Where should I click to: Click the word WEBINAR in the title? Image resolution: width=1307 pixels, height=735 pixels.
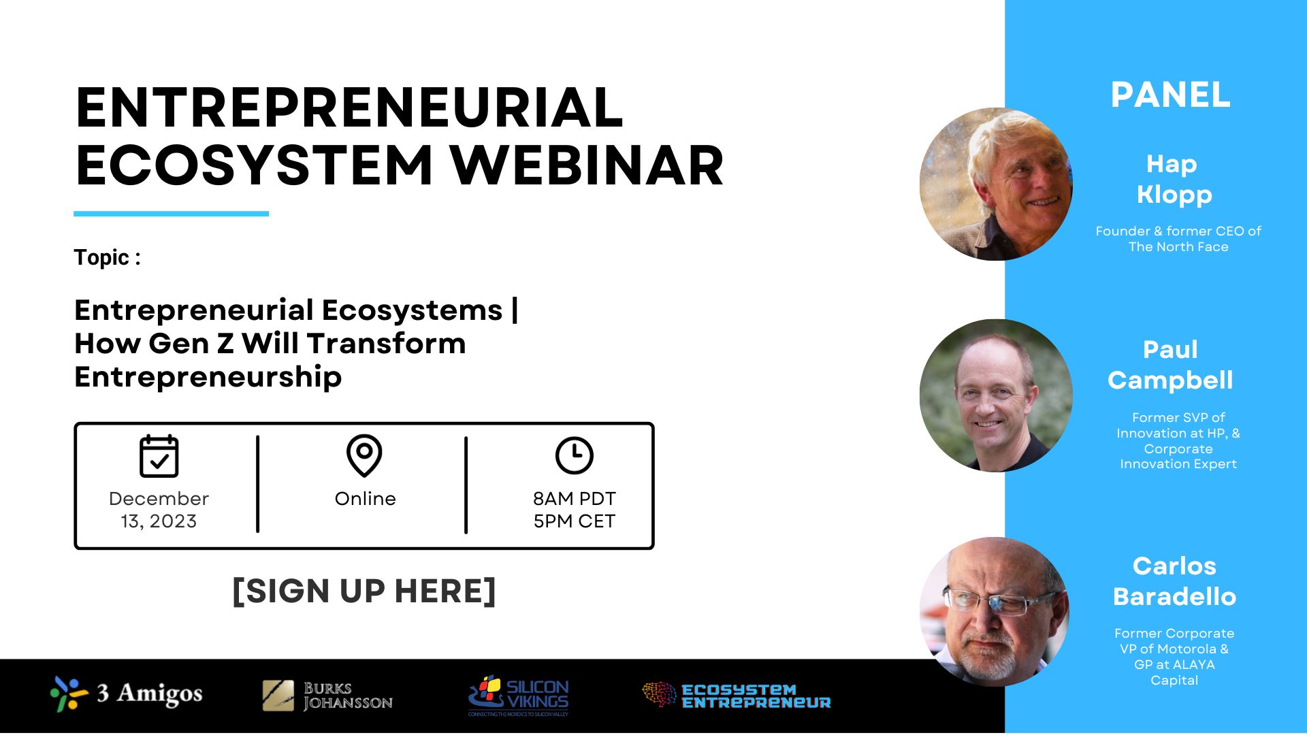[586, 165]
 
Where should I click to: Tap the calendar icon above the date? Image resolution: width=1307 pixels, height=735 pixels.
[159, 456]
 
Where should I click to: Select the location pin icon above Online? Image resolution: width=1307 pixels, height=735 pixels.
[364, 455]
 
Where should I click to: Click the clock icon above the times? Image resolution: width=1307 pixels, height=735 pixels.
[574, 455]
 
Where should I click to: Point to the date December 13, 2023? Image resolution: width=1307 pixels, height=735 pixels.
[159, 510]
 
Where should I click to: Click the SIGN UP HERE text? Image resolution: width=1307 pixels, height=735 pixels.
[364, 591]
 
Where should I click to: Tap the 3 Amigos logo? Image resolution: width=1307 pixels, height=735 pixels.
[127, 694]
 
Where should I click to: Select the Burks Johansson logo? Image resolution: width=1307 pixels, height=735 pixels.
[327, 696]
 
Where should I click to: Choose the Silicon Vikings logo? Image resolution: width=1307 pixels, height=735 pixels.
[519, 696]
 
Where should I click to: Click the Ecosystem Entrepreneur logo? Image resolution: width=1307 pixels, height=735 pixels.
[737, 696]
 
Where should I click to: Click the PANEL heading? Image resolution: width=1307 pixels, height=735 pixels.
[1171, 95]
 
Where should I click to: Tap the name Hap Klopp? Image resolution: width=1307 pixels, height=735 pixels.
[1174, 179]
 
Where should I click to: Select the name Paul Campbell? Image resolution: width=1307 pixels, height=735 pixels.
[1170, 365]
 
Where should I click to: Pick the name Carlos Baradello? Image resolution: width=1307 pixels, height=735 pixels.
[1174, 581]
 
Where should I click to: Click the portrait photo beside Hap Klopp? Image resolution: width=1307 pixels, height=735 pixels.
[996, 184]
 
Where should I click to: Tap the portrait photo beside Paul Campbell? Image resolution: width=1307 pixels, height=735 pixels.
[996, 395]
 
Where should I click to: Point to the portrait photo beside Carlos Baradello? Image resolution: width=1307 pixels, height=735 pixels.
[995, 612]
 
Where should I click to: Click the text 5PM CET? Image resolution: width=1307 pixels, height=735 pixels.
[575, 521]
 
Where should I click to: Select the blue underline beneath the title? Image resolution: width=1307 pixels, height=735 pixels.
[171, 214]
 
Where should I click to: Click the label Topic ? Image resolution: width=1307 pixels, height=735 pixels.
[108, 257]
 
